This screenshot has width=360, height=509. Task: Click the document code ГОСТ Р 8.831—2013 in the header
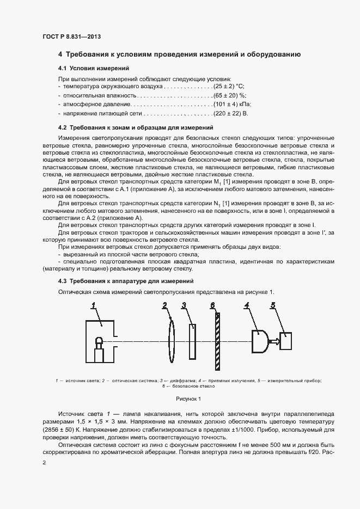(x=72, y=36)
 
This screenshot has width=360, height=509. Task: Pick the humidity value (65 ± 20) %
(x=228, y=95)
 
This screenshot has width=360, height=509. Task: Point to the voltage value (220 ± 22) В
(x=231, y=113)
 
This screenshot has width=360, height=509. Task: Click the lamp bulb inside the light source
(x=99, y=342)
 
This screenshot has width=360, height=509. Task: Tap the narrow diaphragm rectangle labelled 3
(x=193, y=341)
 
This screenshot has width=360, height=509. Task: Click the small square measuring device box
(x=286, y=341)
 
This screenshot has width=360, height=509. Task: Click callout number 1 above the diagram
(x=93, y=306)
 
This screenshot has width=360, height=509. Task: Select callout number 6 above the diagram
(x=213, y=305)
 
